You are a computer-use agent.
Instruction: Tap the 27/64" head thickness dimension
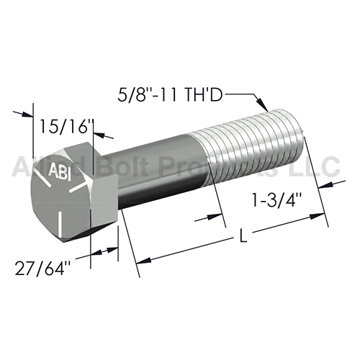point(40,268)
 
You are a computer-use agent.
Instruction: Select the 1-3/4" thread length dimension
point(276,200)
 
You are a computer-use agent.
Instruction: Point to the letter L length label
point(243,235)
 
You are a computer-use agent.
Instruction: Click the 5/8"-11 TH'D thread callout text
point(170,95)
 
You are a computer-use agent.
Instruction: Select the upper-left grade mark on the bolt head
point(42,177)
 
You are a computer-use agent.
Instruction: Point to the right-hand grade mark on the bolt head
point(78,186)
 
